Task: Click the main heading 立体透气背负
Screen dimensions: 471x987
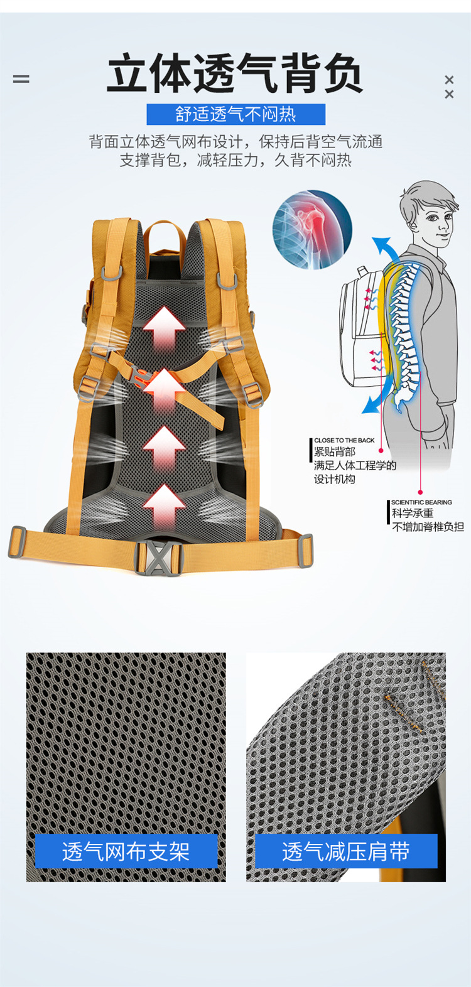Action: pyautogui.click(x=235, y=74)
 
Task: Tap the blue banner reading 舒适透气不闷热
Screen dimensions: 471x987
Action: pyautogui.click(x=235, y=114)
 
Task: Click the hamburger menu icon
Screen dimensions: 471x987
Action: pyautogui.click(x=21, y=79)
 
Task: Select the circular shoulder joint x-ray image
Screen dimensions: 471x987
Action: pyautogui.click(x=312, y=230)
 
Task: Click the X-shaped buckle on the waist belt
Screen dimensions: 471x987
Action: pyautogui.click(x=159, y=556)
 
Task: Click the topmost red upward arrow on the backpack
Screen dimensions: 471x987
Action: pyautogui.click(x=164, y=326)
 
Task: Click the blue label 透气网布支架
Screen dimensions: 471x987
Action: pyautogui.click(x=126, y=851)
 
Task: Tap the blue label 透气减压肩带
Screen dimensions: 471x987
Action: pyautogui.click(x=345, y=851)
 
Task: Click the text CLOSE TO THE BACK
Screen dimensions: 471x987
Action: pyautogui.click(x=344, y=441)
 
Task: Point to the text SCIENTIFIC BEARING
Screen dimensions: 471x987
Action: pyautogui.click(x=421, y=502)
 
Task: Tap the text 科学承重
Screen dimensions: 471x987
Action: pyautogui.click(x=413, y=514)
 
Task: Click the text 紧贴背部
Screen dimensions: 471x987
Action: pyautogui.click(x=335, y=452)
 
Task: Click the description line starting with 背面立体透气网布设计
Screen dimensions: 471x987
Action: pyautogui.click(x=235, y=142)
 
